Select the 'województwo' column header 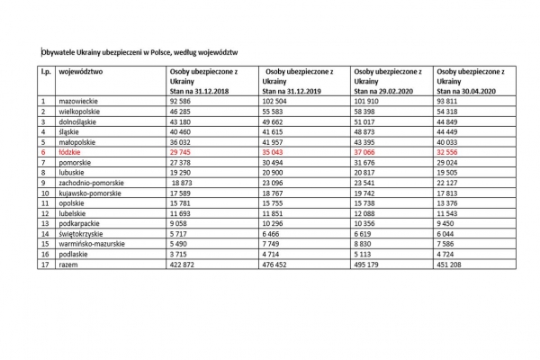81,71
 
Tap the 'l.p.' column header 46,71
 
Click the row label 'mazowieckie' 78,102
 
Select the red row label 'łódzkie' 70,154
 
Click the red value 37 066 372,154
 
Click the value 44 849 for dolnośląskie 452,122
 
